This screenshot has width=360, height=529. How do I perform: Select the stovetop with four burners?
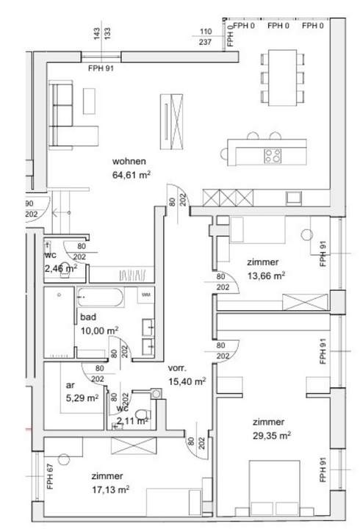(273, 155)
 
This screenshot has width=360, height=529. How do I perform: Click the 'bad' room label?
(88, 317)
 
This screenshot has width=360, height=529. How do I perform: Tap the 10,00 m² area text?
(100, 331)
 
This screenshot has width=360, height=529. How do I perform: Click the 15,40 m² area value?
(187, 381)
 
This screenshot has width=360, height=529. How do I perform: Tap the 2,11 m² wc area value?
(132, 421)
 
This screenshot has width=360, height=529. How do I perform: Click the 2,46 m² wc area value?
(60, 269)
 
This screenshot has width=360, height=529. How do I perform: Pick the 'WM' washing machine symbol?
(145, 294)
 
